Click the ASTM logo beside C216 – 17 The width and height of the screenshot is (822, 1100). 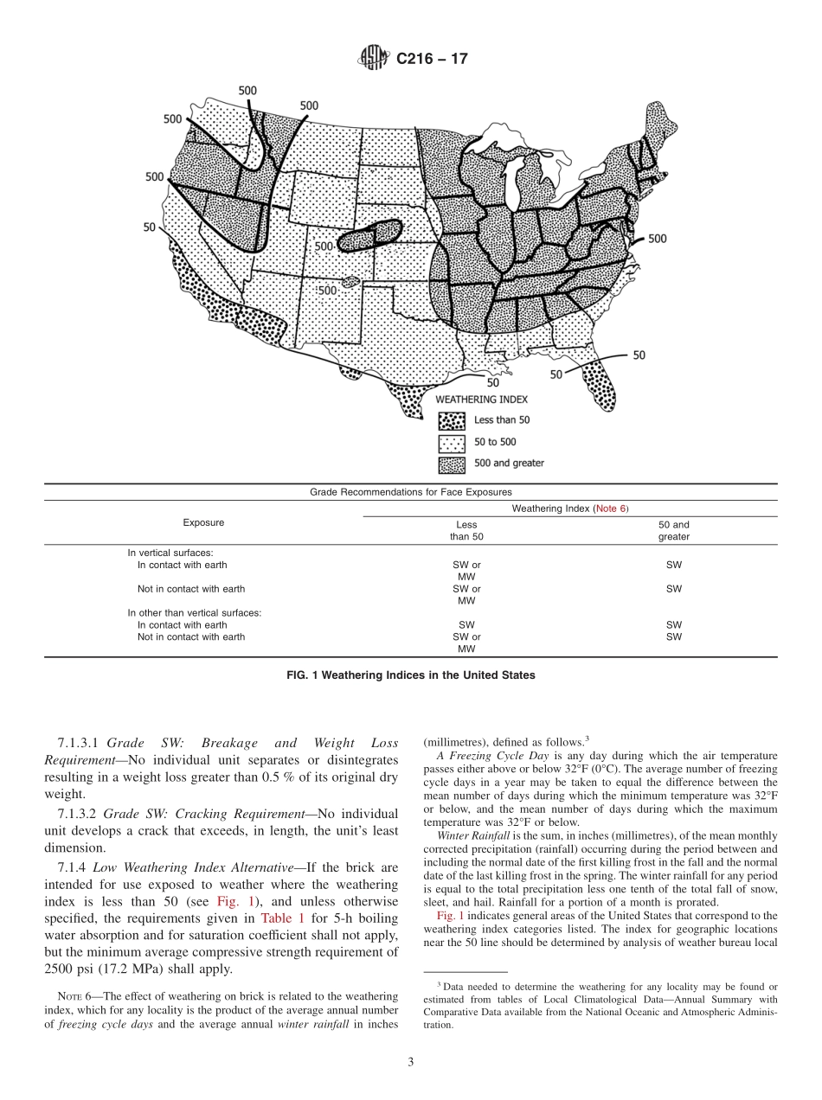pyautogui.click(x=374, y=59)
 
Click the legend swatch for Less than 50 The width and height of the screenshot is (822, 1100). pyautogui.click(x=452, y=420)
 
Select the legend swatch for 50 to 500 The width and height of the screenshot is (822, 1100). pyautogui.click(x=452, y=442)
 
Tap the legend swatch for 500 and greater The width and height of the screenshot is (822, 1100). pyautogui.click(x=452, y=464)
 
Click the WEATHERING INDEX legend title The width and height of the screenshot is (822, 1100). pyautogui.click(x=481, y=400)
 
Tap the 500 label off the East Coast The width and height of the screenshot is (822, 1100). pyautogui.click(x=657, y=239)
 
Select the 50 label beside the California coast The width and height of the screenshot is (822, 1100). pyautogui.click(x=150, y=227)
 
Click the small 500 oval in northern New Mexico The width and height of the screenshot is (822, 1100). pyautogui.click(x=350, y=282)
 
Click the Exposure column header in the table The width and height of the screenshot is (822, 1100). pyautogui.click(x=203, y=522)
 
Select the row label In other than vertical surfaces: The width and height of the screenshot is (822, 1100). pyautogui.click(x=194, y=612)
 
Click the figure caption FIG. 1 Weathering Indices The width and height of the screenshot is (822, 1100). pyautogui.click(x=410, y=675)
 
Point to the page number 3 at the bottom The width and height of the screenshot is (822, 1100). pyautogui.click(x=410, y=1062)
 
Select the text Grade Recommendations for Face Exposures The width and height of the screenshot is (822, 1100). pyautogui.click(x=410, y=492)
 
